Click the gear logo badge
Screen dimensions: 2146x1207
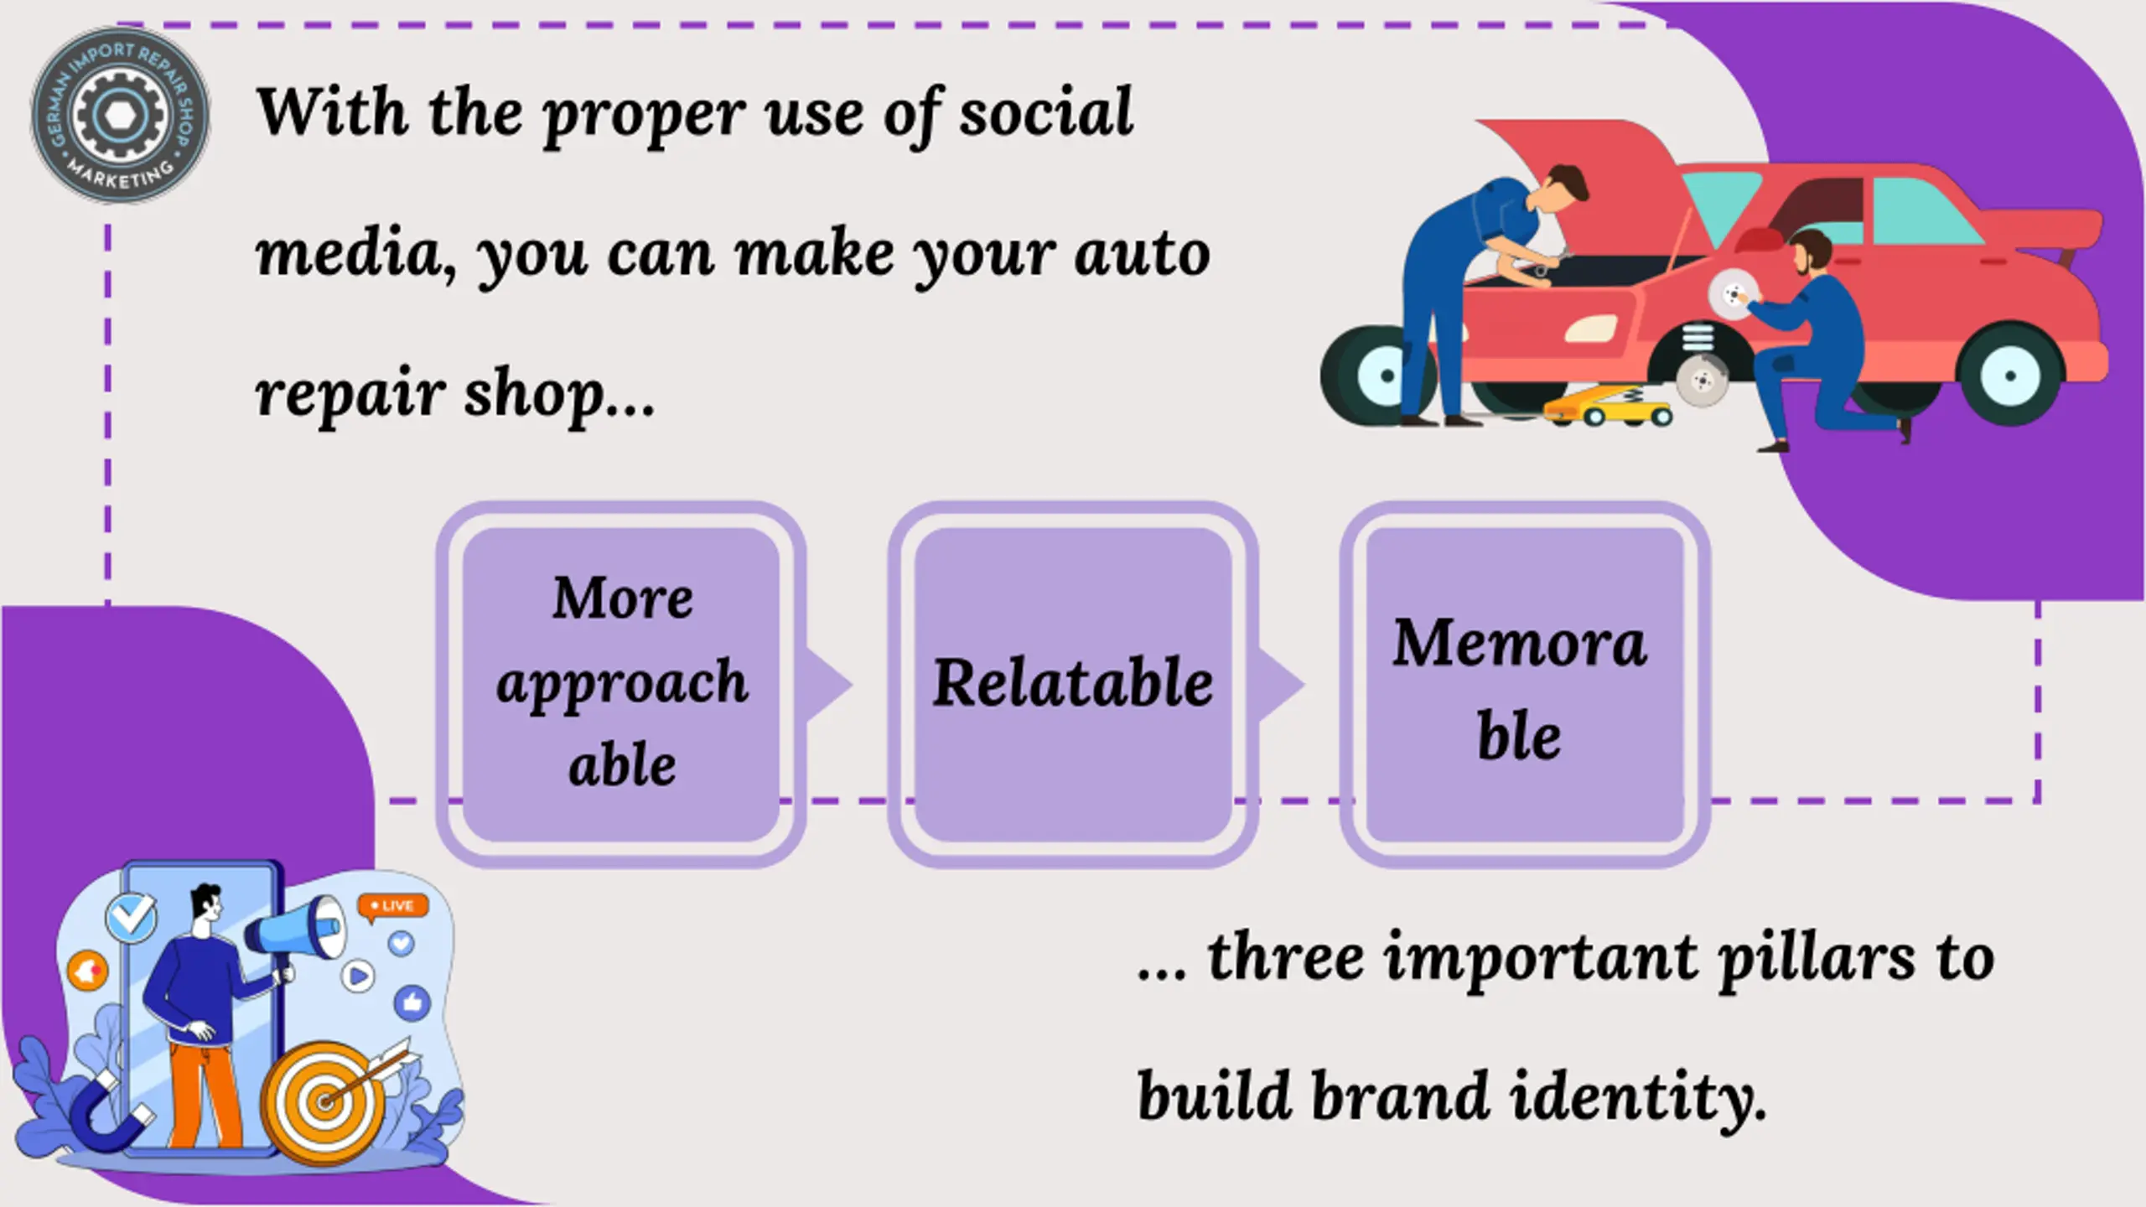[120, 115]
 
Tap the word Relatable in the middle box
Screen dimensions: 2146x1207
[1072, 683]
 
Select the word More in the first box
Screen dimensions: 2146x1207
[622, 598]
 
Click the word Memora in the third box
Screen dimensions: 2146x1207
[1520, 644]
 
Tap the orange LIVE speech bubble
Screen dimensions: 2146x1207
[392, 906]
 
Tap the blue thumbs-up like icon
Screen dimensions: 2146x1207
[412, 1002]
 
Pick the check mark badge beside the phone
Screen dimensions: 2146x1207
[132, 917]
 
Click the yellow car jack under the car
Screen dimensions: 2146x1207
[1606, 407]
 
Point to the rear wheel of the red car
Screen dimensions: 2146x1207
[2009, 375]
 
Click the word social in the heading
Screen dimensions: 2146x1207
[1045, 113]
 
